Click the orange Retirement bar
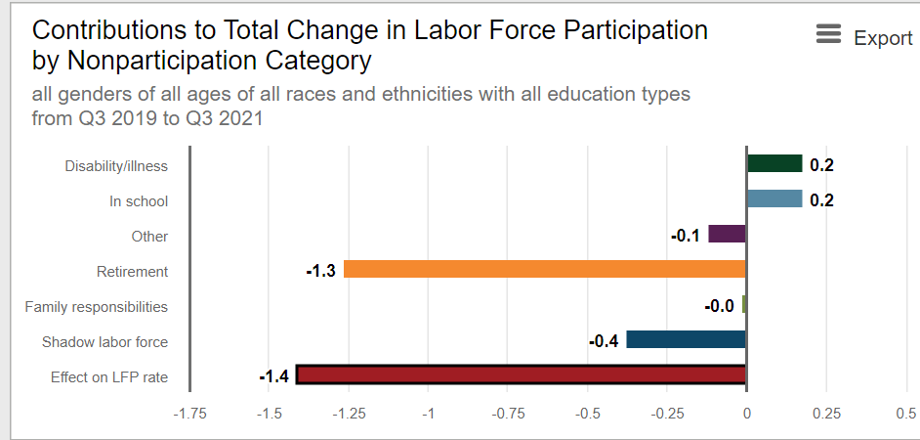(x=545, y=269)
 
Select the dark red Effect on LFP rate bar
(x=521, y=374)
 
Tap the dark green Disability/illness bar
(x=774, y=163)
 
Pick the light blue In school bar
(x=774, y=198)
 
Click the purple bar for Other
(x=728, y=234)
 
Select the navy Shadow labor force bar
(x=686, y=339)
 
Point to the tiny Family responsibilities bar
(x=744, y=304)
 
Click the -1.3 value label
(x=320, y=271)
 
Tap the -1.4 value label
(x=273, y=376)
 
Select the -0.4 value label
(x=604, y=341)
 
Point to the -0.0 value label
(x=719, y=306)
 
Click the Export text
(x=883, y=38)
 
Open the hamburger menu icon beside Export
(x=828, y=36)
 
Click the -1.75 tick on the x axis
(x=189, y=414)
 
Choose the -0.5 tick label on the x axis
(x=587, y=414)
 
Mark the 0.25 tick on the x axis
(x=826, y=414)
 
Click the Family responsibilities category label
(x=96, y=307)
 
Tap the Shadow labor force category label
(x=105, y=342)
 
